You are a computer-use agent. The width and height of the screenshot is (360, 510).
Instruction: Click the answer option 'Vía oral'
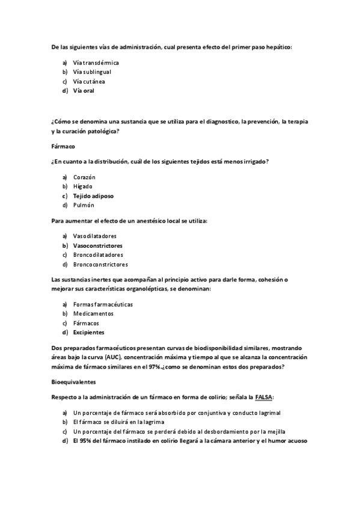(84, 91)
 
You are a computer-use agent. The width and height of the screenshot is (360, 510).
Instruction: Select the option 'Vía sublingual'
(91, 72)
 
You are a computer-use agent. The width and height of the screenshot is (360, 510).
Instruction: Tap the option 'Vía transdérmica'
(96, 63)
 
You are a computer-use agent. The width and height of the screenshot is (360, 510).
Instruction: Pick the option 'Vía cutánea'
(88, 81)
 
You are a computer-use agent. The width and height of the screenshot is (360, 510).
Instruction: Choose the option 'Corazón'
(84, 177)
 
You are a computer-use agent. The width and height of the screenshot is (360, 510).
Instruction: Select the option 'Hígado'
(82, 186)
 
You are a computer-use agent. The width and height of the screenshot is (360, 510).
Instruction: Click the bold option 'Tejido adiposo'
(93, 196)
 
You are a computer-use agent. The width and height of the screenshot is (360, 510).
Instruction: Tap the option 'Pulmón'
(84, 205)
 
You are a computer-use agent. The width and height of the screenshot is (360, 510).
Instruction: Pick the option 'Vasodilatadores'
(94, 236)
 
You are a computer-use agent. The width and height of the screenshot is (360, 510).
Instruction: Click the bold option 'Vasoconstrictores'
(97, 245)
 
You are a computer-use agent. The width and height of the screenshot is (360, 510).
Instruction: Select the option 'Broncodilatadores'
(98, 255)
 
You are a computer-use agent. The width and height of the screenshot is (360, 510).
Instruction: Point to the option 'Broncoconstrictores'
(100, 264)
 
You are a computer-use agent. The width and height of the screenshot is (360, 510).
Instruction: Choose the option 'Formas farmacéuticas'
(103, 304)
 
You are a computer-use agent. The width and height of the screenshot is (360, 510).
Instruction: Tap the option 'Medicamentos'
(93, 314)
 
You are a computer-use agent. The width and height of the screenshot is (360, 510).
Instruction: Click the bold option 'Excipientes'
(88, 333)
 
